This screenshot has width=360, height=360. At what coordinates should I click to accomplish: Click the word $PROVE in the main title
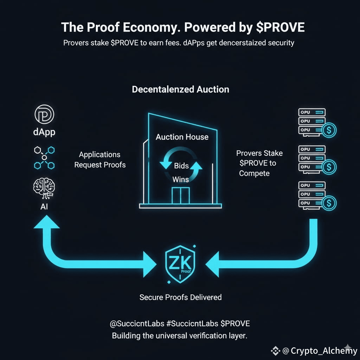(280, 27)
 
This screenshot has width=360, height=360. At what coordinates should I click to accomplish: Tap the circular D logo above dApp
(44, 114)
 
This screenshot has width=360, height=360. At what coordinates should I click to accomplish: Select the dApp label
(44, 132)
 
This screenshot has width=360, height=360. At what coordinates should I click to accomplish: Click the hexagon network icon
(44, 157)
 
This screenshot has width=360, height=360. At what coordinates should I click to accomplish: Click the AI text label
(44, 207)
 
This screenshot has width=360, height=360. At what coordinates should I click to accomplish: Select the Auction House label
(182, 137)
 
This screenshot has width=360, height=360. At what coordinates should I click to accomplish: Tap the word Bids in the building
(181, 166)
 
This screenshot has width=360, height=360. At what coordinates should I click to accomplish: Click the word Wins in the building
(181, 179)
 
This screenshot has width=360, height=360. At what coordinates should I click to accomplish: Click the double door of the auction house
(181, 195)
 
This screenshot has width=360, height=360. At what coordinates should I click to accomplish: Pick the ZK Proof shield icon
(180, 264)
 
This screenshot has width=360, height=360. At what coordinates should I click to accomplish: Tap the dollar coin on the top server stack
(329, 130)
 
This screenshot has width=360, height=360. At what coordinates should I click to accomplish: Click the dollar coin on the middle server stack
(329, 167)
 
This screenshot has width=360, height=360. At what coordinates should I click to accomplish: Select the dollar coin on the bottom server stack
(329, 203)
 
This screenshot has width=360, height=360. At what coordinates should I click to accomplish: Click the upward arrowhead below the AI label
(47, 222)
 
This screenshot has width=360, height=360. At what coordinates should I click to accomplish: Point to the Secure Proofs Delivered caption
(180, 297)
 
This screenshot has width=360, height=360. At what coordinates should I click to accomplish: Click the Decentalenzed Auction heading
(180, 89)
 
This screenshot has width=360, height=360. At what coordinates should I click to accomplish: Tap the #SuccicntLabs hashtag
(192, 323)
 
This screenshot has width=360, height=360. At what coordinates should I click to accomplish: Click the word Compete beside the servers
(254, 173)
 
